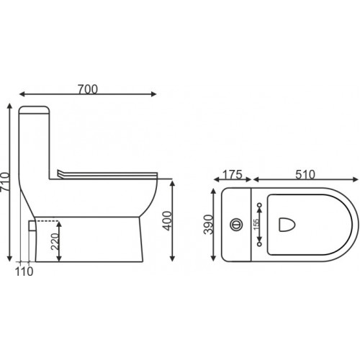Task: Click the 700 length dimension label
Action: (x=88, y=89)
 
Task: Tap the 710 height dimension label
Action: (x=5, y=181)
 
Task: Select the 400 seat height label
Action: (x=167, y=220)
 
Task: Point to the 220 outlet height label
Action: (x=55, y=241)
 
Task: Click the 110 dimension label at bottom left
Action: (x=24, y=271)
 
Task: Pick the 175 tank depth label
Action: (x=233, y=175)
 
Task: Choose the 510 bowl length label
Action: (x=305, y=175)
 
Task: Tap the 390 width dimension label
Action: (x=208, y=225)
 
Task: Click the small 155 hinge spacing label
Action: (x=256, y=225)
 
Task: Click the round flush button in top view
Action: (x=236, y=225)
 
